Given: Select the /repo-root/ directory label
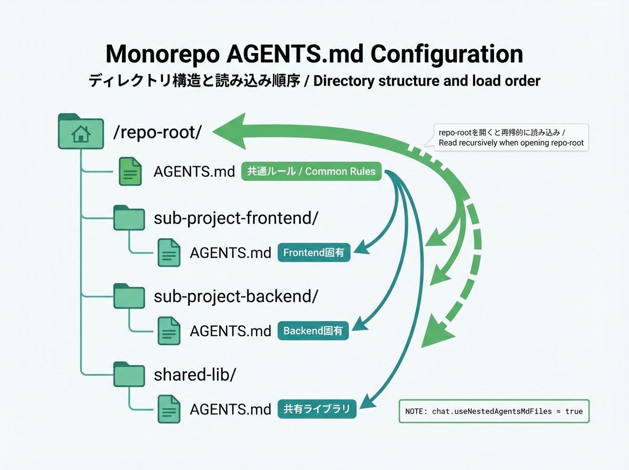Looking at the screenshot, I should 157,132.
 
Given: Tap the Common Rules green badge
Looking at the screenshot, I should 311,172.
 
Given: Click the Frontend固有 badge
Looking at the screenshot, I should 313,253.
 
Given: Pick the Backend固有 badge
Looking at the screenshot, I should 313,331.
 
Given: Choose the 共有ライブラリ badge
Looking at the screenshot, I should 317,409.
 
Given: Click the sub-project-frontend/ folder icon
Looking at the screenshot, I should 129,218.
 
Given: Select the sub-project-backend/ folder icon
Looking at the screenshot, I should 129,296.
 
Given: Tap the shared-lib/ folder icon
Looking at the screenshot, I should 129,375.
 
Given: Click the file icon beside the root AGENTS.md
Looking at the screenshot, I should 130,172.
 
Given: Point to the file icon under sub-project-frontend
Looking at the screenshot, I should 169,253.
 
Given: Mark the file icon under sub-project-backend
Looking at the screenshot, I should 169,331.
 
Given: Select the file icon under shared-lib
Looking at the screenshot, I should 169,409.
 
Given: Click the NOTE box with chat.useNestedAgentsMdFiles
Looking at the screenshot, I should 494,411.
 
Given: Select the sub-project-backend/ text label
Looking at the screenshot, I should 236,296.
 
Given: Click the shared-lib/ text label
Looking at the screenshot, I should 195,375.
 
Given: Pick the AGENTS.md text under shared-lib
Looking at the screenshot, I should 230,409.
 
